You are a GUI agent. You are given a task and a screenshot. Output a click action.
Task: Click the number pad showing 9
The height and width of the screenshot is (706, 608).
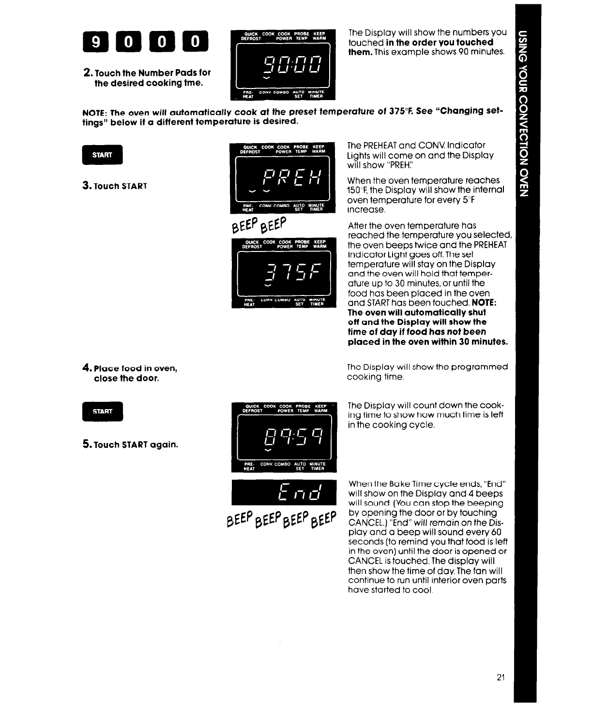pos(96,43)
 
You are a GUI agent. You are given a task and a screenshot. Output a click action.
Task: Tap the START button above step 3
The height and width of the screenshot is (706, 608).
pos(102,155)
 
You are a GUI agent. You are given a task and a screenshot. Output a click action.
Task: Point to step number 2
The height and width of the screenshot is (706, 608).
pos(87,73)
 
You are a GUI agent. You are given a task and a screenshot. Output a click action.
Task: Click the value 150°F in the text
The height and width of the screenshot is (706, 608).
pos(358,190)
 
